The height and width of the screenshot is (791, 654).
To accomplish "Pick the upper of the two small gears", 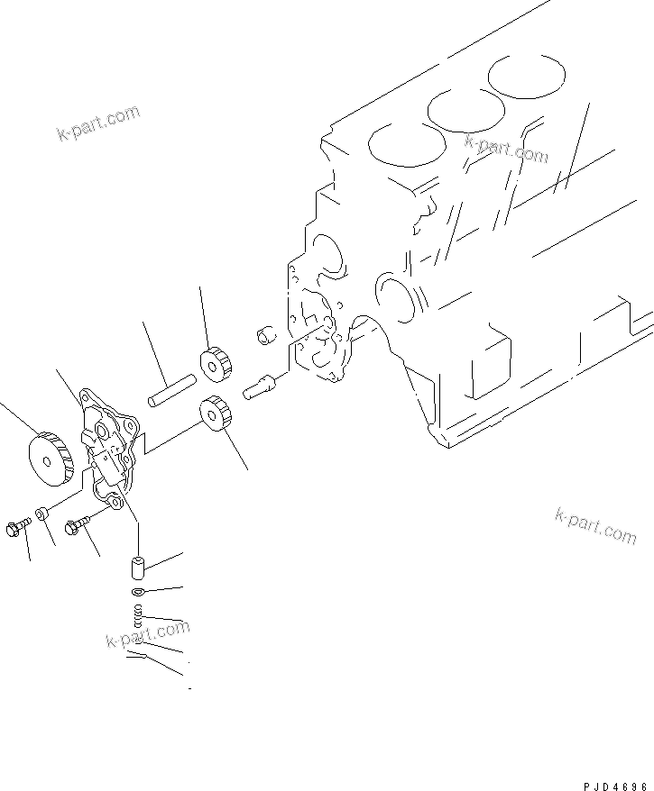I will (216, 363).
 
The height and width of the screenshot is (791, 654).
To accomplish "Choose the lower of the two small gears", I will (213, 414).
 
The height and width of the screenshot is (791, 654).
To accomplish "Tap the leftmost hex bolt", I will (14, 527).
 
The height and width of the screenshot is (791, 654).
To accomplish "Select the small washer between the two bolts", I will (42, 515).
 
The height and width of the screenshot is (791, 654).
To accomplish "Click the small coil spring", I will (137, 617).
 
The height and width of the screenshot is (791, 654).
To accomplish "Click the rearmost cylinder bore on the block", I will (526, 77).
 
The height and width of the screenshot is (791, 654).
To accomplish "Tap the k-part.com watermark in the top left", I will (98, 123).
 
